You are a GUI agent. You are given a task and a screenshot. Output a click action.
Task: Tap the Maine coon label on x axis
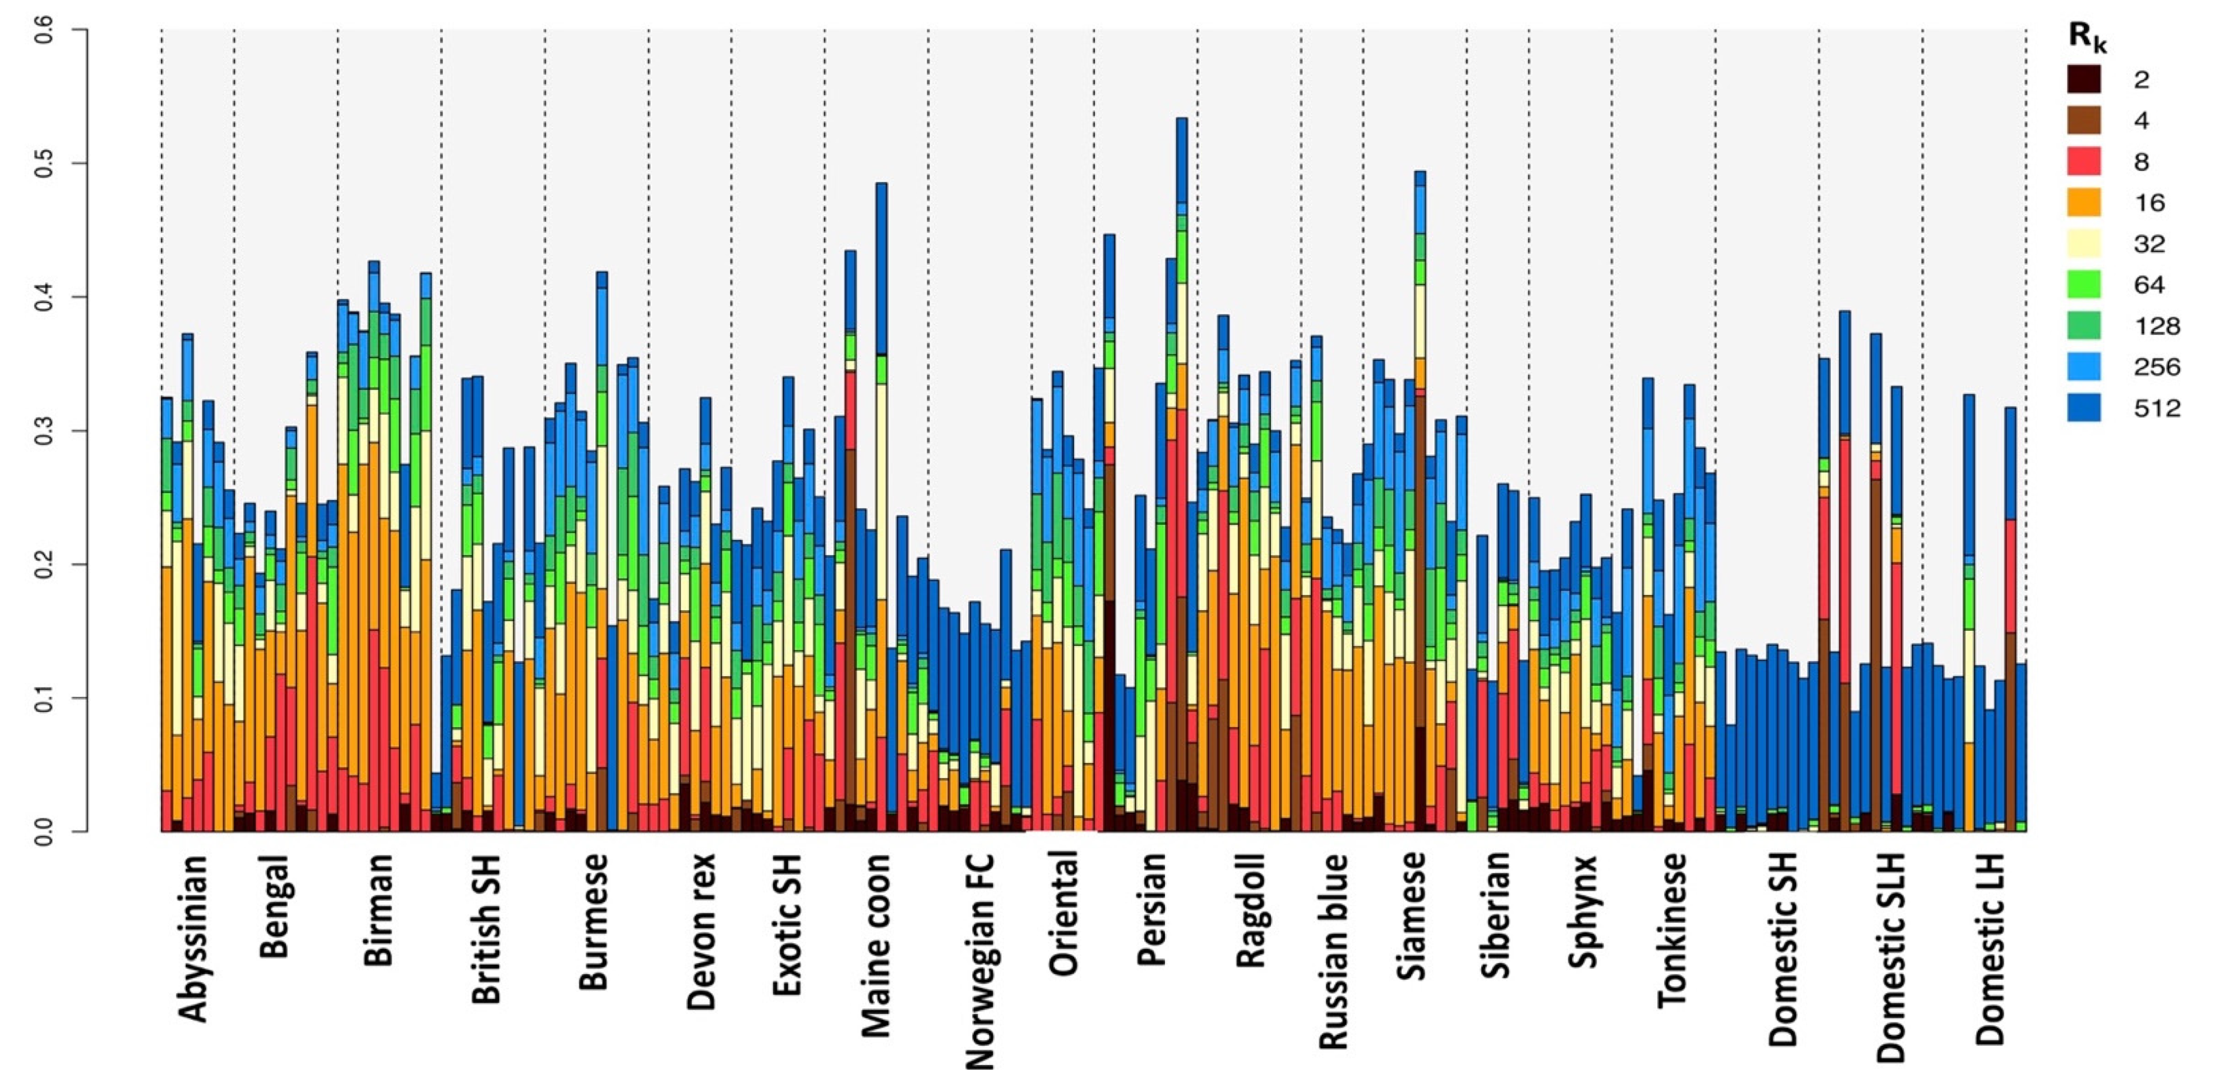pos(876,945)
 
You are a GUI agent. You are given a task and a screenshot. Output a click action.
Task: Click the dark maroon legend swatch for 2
pos(2083,80)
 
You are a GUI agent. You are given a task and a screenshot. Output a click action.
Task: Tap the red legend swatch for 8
pos(2083,161)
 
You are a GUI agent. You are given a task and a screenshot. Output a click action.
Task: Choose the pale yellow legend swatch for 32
pos(2083,243)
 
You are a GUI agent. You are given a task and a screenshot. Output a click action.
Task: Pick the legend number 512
pos(2157,408)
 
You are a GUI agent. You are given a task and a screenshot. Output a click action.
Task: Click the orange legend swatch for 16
pos(2083,203)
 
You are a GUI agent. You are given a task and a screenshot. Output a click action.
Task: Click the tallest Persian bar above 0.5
pos(1182,474)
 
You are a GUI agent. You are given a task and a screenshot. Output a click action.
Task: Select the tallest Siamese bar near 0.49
pos(1420,500)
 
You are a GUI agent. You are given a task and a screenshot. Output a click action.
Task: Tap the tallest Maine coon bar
pos(881,509)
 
